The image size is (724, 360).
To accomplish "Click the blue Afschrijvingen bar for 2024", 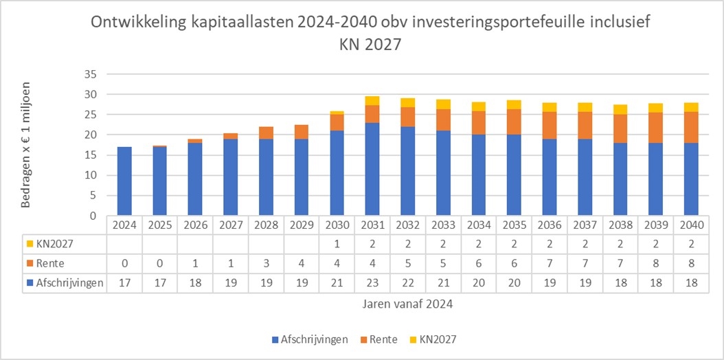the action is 124,181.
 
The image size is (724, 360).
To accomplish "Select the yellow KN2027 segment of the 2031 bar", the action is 372,100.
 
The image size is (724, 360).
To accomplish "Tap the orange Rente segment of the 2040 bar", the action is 691,127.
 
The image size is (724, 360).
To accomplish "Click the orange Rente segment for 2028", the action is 266,133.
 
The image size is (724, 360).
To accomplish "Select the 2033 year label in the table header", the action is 443,225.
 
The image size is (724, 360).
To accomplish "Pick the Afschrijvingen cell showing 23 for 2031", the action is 372,283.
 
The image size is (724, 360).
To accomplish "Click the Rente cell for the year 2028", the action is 266,264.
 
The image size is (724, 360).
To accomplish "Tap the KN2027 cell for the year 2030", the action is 337,244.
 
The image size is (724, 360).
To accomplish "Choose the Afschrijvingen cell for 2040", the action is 691,283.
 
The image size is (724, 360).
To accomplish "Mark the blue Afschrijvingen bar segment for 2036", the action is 550,177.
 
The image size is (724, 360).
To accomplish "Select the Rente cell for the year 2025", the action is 160,264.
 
